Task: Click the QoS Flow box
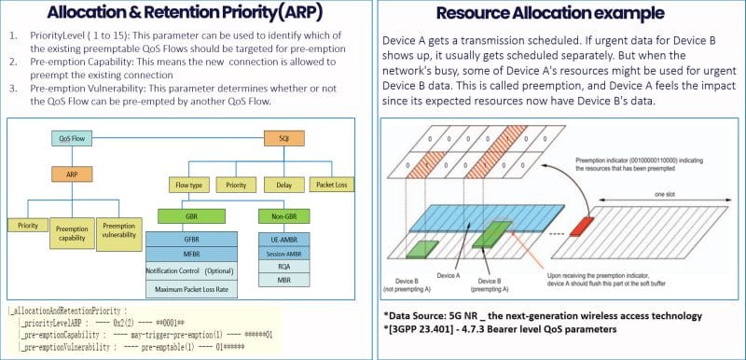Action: click(72, 139)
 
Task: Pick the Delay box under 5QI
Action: click(283, 185)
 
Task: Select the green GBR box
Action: click(190, 216)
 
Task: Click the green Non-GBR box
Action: click(283, 216)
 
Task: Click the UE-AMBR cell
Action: click(283, 240)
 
